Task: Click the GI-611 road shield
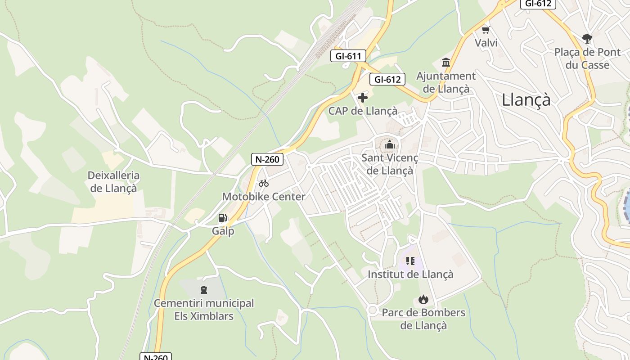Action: point(348,56)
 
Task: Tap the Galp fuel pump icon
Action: point(222,218)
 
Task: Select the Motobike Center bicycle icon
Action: point(264,183)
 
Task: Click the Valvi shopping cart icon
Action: point(486,30)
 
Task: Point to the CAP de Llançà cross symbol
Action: point(363,97)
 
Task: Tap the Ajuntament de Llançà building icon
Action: point(446,62)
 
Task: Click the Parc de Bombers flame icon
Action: point(423,299)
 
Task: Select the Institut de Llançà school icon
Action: point(410,261)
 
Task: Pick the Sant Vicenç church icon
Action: point(390,145)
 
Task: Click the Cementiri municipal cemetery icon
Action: point(204,289)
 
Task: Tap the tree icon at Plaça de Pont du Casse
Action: point(587,38)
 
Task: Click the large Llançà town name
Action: point(526,99)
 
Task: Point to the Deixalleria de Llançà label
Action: point(113,181)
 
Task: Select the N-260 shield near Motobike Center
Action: point(267,159)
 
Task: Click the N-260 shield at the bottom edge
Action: point(156,357)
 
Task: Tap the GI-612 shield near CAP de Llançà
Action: point(387,80)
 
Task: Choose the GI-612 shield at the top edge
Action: point(538,4)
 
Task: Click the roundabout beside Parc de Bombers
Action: point(372,310)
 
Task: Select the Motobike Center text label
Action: point(264,197)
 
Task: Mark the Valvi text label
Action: point(486,43)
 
